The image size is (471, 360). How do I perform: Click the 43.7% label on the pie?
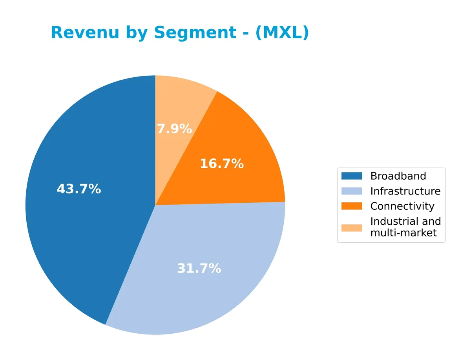79,189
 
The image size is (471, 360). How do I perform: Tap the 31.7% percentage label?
199,269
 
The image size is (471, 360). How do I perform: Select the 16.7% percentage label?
222,164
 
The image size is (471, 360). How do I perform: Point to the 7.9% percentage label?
174,129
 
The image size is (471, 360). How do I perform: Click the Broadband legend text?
398,176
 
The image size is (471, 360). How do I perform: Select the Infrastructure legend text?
405,191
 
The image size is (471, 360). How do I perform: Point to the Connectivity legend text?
402,206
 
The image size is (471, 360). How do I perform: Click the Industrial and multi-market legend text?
405,227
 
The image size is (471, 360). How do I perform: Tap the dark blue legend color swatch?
352,176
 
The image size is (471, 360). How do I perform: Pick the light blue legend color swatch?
352,191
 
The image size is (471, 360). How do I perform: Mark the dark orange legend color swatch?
352,206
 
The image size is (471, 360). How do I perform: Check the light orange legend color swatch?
352,227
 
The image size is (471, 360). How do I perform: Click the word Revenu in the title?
85,33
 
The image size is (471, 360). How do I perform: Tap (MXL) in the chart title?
282,33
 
